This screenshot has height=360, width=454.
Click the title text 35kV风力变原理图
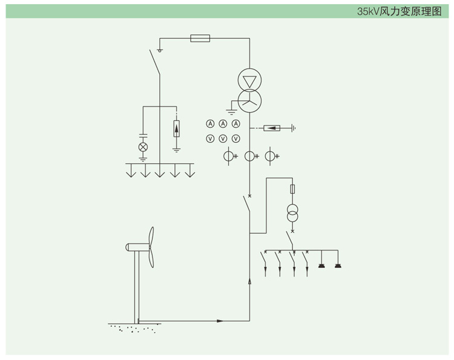point(400,11)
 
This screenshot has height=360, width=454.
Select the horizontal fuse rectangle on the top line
point(200,38)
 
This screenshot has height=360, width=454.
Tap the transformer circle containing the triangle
point(249,79)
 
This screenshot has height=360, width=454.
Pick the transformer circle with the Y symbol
point(249,100)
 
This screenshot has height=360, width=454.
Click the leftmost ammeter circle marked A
point(211,124)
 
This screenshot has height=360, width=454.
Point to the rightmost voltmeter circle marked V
point(235,139)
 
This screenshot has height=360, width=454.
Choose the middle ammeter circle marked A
point(223,124)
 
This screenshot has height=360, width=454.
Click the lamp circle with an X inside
point(143,147)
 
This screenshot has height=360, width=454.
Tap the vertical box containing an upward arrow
point(176,129)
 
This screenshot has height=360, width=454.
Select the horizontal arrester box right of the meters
point(272,128)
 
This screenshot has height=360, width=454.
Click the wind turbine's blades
point(151,247)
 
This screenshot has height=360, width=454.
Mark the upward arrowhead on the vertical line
point(249,281)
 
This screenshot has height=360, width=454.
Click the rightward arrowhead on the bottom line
point(220,321)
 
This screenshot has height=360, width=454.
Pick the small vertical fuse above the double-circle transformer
point(293,189)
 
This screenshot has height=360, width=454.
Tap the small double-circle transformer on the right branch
point(293,214)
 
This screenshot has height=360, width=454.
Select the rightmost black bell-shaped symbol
point(338,265)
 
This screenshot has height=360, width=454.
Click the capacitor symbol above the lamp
point(143,135)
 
